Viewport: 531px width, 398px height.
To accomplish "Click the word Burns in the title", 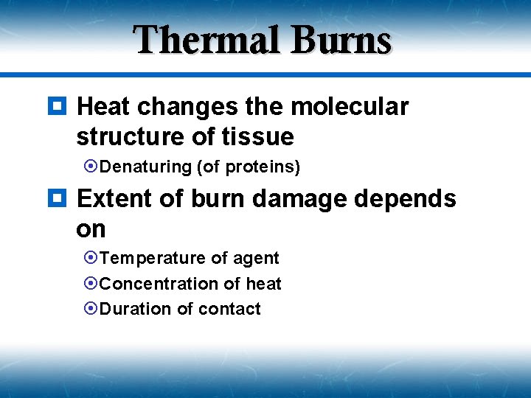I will click(341, 41).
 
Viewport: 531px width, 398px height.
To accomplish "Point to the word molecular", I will click(350, 107).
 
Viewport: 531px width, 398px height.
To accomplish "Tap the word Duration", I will click(136, 309).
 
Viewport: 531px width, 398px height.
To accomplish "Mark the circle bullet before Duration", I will click(92, 309).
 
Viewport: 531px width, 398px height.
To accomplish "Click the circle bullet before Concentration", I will click(92, 284).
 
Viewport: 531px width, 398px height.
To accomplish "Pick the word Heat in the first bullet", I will click(104, 107).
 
